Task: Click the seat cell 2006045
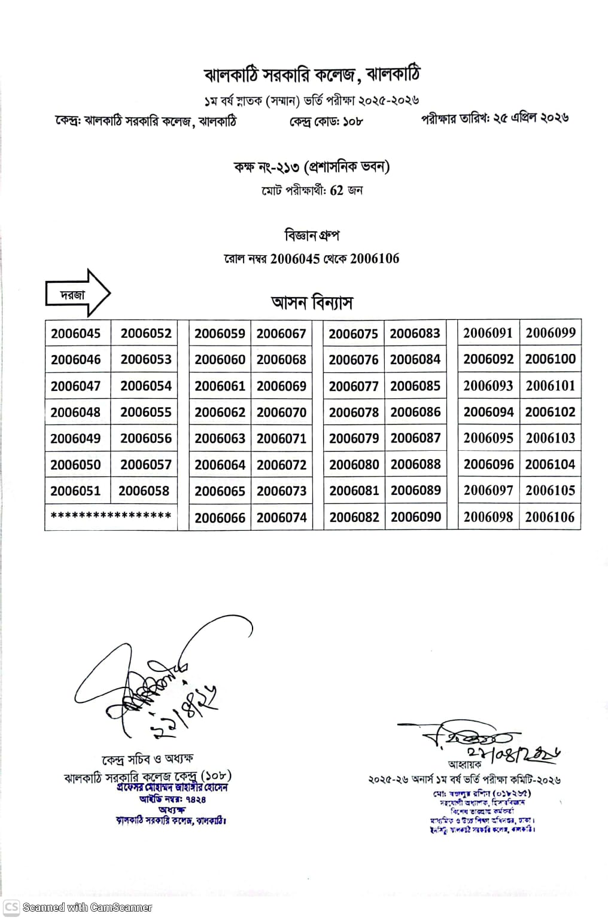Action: pyautogui.click(x=76, y=333)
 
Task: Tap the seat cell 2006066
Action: pyautogui.click(x=220, y=518)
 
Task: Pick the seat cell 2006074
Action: pyautogui.click(x=281, y=518)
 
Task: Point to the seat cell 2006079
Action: pyautogui.click(x=354, y=438)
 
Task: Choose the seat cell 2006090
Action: pyautogui.click(x=415, y=517)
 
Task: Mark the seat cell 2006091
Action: pyautogui.click(x=488, y=333)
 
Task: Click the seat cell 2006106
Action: pyautogui.click(x=549, y=517)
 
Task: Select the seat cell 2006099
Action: pyautogui.click(x=550, y=333)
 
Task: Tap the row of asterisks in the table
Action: pyautogui.click(x=111, y=515)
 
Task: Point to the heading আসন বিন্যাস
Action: pyautogui.click(x=312, y=302)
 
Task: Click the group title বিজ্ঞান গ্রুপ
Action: pyautogui.click(x=312, y=236)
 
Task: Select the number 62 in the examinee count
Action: pyautogui.click(x=337, y=191)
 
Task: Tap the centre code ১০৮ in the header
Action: pyautogui.click(x=352, y=122)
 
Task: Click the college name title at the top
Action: pyautogui.click(x=312, y=75)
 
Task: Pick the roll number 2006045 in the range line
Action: pyautogui.click(x=295, y=259)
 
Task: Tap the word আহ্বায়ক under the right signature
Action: pyautogui.click(x=464, y=765)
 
